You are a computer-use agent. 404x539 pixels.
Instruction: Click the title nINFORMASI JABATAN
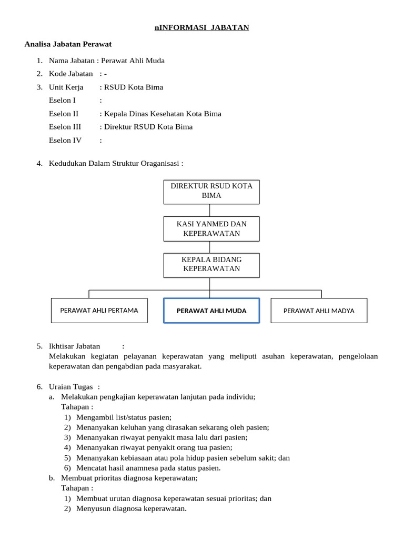tap(202, 27)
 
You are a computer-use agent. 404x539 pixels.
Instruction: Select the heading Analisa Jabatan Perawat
tap(68, 44)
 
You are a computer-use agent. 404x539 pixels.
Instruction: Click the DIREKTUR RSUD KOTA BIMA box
tap(211, 191)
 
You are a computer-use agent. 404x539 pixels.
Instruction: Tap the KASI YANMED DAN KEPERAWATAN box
tap(211, 228)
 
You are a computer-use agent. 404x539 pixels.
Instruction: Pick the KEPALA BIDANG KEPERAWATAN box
tap(211, 264)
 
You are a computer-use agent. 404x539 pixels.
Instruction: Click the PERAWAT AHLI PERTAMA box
tap(99, 310)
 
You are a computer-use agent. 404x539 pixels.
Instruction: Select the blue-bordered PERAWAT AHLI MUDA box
tap(211, 311)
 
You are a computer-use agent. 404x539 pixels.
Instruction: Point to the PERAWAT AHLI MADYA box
tap(319, 311)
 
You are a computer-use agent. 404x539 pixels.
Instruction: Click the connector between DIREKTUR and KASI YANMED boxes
tap(210, 210)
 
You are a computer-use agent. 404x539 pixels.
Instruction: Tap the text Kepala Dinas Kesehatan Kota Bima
tap(163, 114)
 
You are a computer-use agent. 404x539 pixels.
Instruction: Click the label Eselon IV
tap(65, 140)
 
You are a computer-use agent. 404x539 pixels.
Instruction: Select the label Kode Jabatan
tap(71, 74)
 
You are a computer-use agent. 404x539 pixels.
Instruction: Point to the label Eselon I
tap(62, 100)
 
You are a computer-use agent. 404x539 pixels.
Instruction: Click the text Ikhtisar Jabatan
tap(74, 346)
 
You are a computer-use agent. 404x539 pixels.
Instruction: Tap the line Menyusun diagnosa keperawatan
tap(132, 508)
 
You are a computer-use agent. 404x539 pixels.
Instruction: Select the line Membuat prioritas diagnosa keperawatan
tap(129, 478)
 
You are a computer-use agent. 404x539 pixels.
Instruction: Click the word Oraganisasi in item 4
tap(161, 163)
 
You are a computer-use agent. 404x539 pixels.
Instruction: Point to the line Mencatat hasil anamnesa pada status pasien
tap(148, 467)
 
